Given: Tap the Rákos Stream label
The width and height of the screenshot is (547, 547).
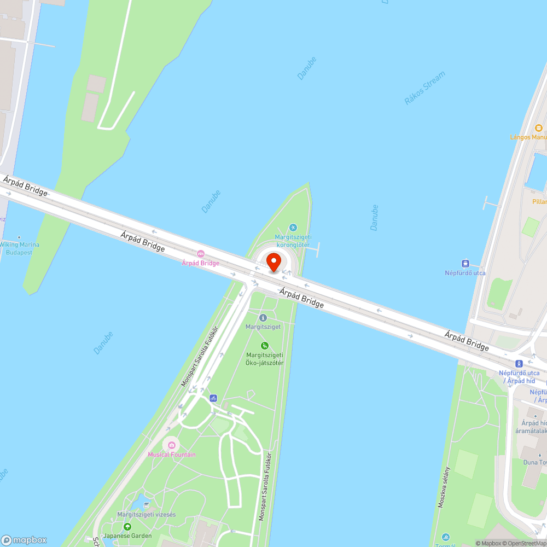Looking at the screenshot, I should coord(425,88).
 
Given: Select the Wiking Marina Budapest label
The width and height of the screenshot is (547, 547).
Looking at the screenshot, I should coord(19,248).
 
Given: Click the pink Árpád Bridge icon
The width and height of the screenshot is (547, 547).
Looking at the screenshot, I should coord(201,254).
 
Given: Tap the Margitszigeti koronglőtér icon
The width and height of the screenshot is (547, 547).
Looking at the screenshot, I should coord(293,228).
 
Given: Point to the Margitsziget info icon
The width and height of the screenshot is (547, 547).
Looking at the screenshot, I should coord(263,318).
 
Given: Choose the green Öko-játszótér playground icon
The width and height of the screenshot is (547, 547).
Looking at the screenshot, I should coord(265,345).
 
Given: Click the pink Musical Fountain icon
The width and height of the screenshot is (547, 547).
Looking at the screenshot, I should coord(171,445).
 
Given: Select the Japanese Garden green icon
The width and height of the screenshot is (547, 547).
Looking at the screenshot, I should coord(127,527).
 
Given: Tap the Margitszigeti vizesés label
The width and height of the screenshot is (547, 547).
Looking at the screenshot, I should coord(146,515).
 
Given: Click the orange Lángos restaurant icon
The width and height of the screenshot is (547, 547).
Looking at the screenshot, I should coord(538,128).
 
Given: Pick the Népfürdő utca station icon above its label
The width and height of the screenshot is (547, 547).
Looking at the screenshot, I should coord(465,264).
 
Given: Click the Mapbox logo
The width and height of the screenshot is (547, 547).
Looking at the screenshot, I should coord(24,539).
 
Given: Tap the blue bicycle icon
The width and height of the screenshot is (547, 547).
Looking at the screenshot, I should coord(213,398).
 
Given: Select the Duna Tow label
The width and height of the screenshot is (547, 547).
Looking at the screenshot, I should coord(534,462).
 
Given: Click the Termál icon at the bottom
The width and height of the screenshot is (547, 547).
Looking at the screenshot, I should coord(446,537).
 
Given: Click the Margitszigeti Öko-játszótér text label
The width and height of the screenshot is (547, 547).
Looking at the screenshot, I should coord(265,358).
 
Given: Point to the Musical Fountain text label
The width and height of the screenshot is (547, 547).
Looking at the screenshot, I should coord(171,455).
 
